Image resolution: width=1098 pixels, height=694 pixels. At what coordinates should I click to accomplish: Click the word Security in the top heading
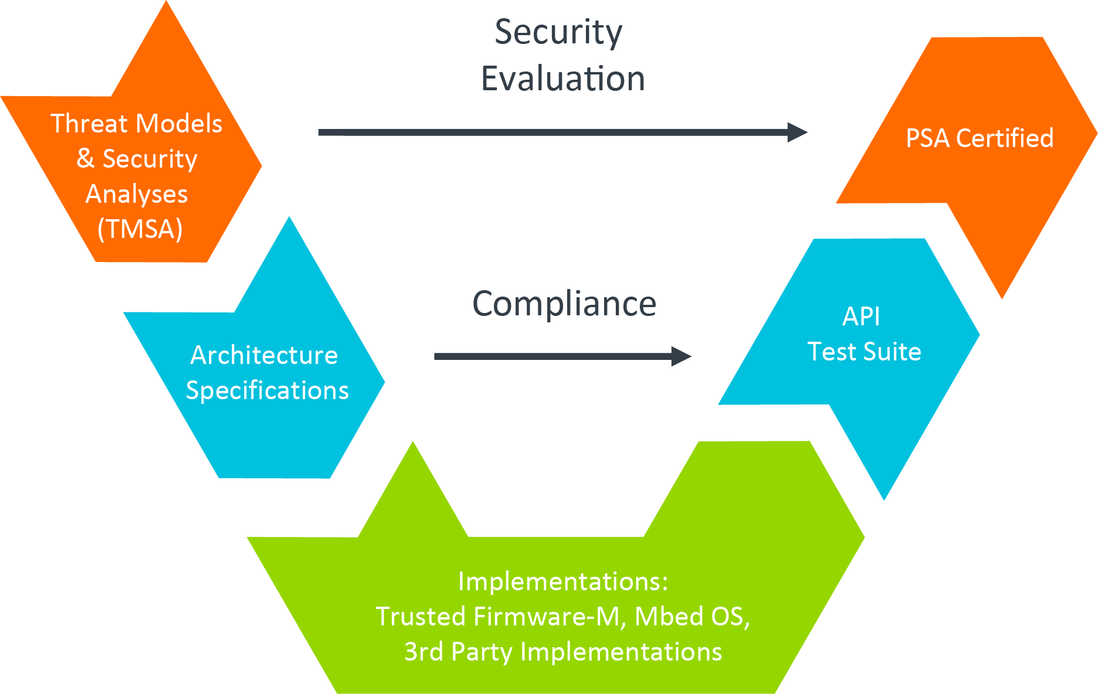558,32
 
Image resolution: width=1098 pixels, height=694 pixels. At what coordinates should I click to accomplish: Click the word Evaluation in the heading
562,79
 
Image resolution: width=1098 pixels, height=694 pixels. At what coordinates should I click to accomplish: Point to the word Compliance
564,304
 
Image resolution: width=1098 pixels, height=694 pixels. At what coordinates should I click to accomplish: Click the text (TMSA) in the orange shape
139,229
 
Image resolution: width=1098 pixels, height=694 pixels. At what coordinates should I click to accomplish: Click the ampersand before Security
86,159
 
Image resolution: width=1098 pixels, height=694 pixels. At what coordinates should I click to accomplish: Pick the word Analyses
137,194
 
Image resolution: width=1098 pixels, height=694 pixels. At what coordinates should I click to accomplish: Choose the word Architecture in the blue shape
264,355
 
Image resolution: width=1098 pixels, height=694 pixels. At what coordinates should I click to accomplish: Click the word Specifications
267,390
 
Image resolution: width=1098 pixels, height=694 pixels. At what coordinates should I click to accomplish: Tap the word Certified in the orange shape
1004,138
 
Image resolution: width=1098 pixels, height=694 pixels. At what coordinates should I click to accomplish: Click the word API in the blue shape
861,317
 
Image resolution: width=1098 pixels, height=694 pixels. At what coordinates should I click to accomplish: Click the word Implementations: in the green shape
562,581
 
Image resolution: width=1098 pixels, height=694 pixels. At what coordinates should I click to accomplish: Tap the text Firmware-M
546,617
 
